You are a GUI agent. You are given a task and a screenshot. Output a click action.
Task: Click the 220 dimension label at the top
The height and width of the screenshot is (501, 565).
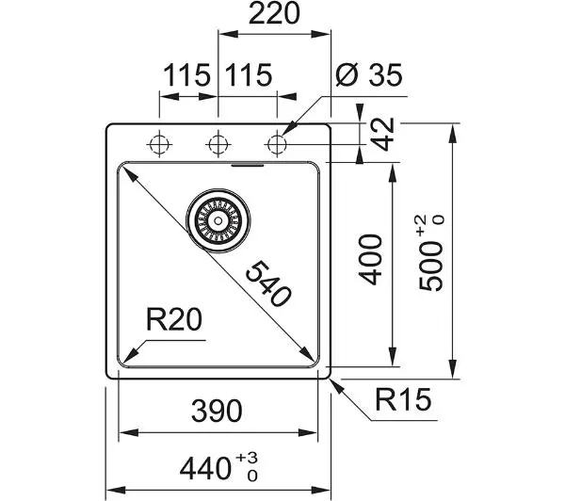coord(274,13)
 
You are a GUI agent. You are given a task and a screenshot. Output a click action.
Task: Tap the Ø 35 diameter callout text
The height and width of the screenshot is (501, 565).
coord(368,75)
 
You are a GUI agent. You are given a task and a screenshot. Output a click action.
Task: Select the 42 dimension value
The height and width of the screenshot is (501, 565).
coord(382,134)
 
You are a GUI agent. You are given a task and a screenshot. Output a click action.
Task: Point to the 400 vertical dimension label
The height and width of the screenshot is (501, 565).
coord(370,260)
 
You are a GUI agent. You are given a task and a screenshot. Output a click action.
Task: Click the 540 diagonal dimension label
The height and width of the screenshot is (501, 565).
coord(267,283)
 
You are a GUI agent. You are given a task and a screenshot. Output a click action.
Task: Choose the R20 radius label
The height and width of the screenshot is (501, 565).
coord(174,319)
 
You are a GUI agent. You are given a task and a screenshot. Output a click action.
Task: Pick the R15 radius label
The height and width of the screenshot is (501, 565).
coord(403,399)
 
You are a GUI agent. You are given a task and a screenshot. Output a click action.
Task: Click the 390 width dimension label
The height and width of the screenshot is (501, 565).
coord(217,411)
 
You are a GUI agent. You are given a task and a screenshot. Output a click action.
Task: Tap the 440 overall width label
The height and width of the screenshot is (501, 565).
coord(205,468)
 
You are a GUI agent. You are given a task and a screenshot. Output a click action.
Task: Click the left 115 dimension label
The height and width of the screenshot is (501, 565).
coord(186,75)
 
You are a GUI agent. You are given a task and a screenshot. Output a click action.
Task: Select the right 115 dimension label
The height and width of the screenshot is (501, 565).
coord(249,75)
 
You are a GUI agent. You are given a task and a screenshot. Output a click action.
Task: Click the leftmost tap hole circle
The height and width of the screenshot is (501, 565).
coord(159,144)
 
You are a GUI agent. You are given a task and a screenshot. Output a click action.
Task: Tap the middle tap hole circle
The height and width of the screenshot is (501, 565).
coord(218,144)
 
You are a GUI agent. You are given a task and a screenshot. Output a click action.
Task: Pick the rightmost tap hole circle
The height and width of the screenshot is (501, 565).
coord(277,144)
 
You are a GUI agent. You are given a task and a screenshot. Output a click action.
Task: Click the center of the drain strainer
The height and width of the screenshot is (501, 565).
coord(218,220)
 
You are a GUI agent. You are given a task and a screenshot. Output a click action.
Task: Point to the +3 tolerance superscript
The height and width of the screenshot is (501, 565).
coord(247,459)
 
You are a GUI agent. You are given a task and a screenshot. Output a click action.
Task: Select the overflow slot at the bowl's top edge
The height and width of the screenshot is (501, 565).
coord(248,166)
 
